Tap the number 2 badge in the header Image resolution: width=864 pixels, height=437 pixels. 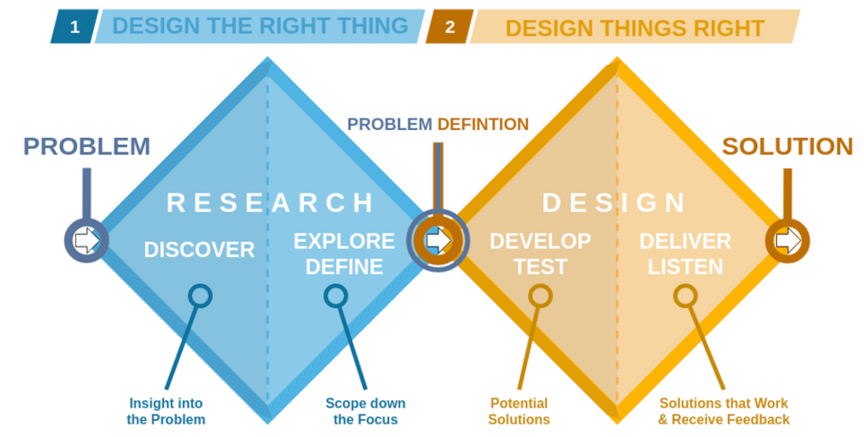449,27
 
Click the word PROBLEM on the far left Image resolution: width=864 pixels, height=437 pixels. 87,147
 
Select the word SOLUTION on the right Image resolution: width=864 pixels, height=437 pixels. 787,147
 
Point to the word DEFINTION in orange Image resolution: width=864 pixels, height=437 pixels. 482,124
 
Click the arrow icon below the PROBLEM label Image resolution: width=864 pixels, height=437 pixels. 87,240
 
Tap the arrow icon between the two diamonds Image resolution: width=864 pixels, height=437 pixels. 436,240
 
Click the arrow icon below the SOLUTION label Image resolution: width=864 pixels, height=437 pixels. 787,240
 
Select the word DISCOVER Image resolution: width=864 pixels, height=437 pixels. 199,250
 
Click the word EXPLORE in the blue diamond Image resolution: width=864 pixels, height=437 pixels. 344,241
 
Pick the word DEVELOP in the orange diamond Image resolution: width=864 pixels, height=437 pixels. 540,241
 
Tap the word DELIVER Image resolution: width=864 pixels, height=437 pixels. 686,241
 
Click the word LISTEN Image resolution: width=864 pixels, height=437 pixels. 686,266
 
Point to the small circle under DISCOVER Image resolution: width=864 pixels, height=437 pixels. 200,296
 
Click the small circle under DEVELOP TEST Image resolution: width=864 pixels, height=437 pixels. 540,296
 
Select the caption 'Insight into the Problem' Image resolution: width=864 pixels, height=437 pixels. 167,411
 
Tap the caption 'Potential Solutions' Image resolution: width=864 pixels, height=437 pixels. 520,411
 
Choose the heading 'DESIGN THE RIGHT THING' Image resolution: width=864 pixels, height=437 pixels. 260,26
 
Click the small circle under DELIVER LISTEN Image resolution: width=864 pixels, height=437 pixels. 686,296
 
